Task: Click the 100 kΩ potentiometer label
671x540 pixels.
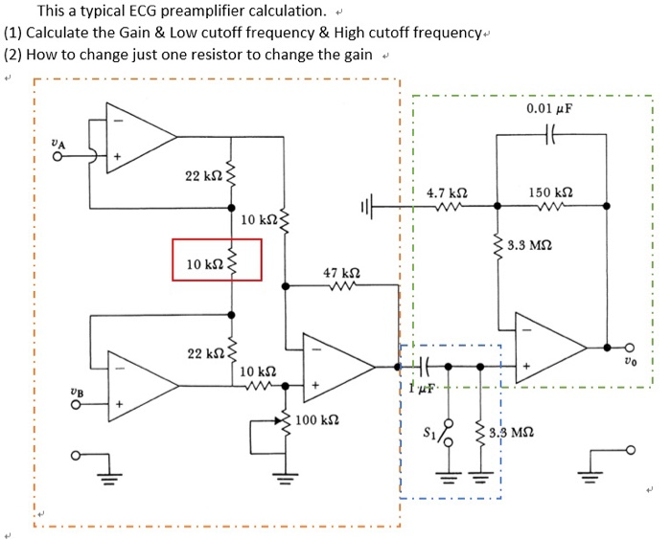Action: pyautogui.click(x=317, y=421)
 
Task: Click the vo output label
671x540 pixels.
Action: pyautogui.click(x=628, y=362)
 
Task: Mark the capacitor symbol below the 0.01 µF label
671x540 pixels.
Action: pyautogui.click(x=550, y=135)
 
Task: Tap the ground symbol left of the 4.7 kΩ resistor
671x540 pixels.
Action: pyautogui.click(x=369, y=205)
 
